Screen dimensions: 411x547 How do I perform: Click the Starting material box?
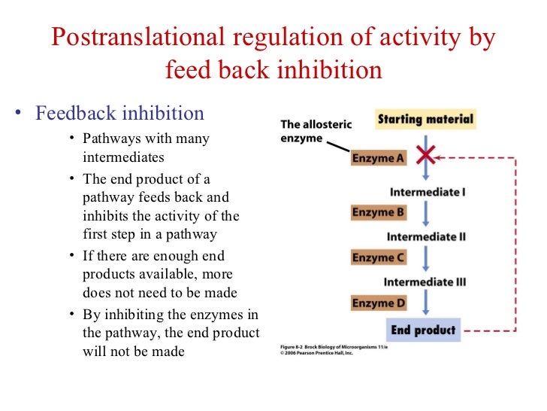click(425, 119)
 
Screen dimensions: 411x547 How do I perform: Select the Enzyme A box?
click(378, 158)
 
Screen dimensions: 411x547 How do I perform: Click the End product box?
click(423, 330)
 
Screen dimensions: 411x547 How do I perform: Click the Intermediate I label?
click(428, 192)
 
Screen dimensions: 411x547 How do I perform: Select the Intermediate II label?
click(426, 237)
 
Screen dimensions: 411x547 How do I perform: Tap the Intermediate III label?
click(425, 282)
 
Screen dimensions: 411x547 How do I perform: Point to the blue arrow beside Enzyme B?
click(426, 212)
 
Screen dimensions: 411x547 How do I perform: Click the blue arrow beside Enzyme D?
click(426, 303)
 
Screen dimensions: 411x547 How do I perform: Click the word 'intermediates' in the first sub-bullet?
click(123, 158)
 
